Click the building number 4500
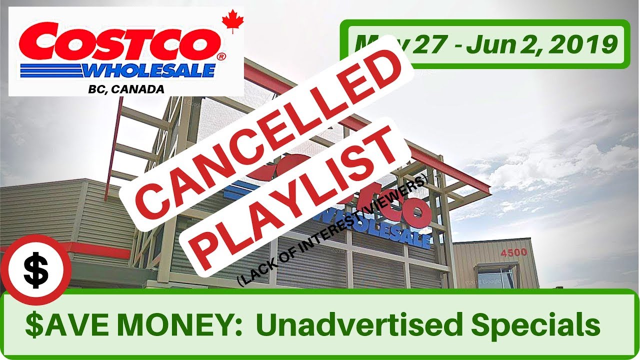[x=513, y=252]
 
